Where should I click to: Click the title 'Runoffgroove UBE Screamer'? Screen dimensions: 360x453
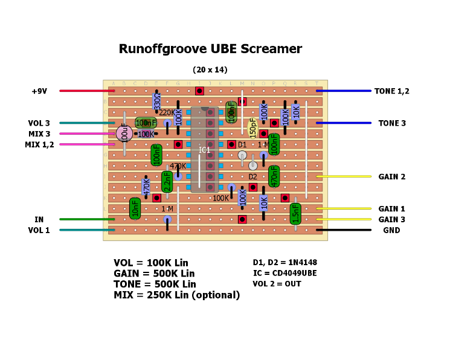[x=210, y=49]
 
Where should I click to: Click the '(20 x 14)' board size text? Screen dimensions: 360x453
[x=210, y=70]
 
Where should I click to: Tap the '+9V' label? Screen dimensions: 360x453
[x=39, y=91]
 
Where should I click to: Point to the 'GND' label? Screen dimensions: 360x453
[x=392, y=230]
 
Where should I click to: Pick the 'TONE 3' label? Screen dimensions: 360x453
[x=392, y=123]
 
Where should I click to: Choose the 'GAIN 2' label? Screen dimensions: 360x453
[x=392, y=177]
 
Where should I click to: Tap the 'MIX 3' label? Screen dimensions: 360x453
[x=39, y=134]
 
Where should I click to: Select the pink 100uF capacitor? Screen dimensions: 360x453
[x=124, y=133]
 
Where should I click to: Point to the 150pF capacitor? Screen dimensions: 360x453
[x=253, y=127]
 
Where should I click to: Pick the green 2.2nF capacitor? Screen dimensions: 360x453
[x=167, y=181]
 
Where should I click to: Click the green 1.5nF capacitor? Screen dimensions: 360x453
[x=295, y=213]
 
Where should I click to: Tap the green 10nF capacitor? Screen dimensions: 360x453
[x=135, y=208]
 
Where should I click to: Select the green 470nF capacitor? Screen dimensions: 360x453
[x=274, y=176]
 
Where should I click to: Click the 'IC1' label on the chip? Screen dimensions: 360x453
[x=205, y=150]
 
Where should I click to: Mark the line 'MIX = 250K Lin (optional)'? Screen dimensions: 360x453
[x=176, y=295]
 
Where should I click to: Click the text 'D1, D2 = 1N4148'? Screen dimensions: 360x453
[x=284, y=263]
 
